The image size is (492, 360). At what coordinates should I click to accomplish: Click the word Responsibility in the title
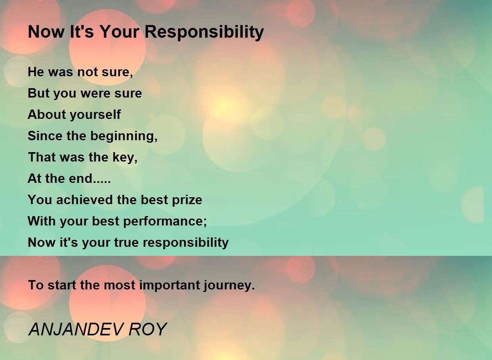tap(204, 32)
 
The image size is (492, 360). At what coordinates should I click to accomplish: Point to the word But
tap(39, 93)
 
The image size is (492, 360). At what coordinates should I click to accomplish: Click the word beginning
tap(124, 136)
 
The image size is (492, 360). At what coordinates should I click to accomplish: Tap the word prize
tap(187, 200)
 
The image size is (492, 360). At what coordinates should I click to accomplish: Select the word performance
tap(165, 221)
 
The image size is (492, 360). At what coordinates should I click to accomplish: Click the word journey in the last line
tap(229, 285)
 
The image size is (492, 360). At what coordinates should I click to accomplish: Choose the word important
tap(170, 285)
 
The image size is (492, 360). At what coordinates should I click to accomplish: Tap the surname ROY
tap(148, 329)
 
